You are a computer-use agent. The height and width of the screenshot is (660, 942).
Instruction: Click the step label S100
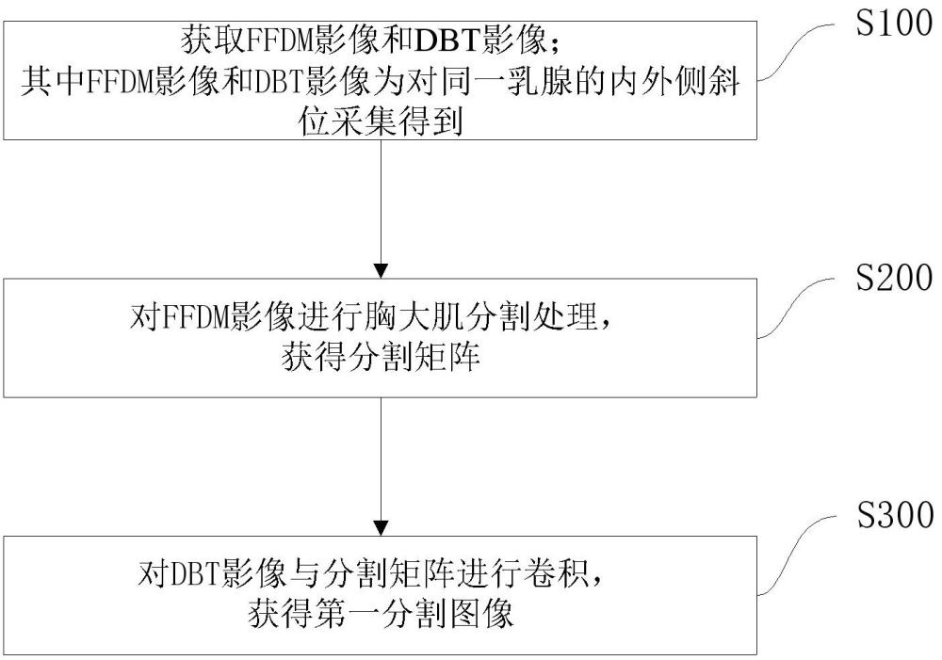pos(892,24)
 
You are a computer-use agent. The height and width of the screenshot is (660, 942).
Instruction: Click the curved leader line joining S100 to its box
pos(797,52)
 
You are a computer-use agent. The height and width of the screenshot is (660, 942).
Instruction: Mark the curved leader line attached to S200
pos(797,307)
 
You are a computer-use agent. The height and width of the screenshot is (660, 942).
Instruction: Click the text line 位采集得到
pos(379,121)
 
